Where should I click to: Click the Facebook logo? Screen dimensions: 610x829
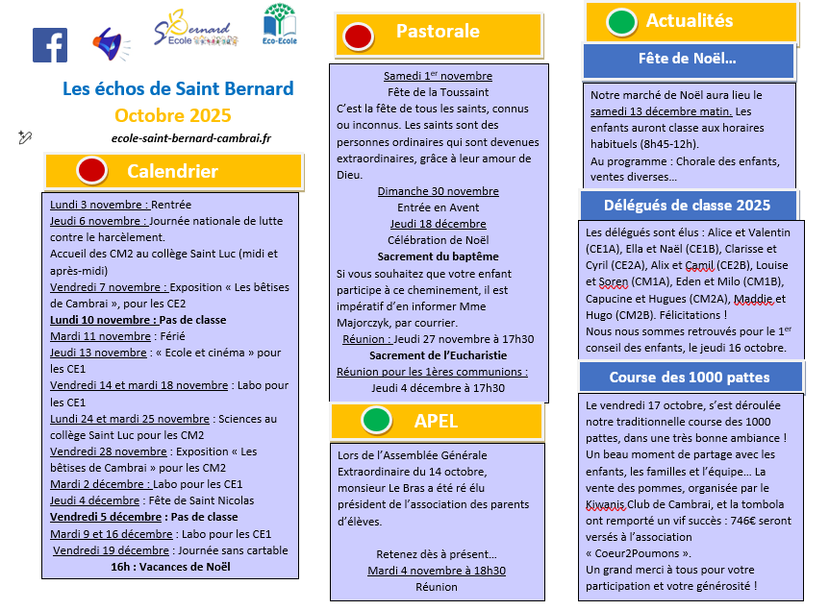49,45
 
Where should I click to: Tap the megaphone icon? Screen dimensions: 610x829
111,43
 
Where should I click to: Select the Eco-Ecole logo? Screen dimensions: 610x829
279,25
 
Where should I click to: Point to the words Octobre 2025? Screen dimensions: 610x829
172,116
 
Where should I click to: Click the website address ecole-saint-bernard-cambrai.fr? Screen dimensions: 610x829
191,138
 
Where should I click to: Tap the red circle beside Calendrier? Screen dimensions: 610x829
91,172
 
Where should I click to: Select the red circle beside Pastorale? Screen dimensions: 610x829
357,37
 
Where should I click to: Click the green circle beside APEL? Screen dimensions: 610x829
377,420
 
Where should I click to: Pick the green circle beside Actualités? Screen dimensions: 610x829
621,21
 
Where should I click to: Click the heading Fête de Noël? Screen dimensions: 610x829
687,60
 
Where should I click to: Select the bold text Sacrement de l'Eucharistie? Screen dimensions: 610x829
438,355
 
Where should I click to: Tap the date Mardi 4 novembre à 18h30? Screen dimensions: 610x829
437,571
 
